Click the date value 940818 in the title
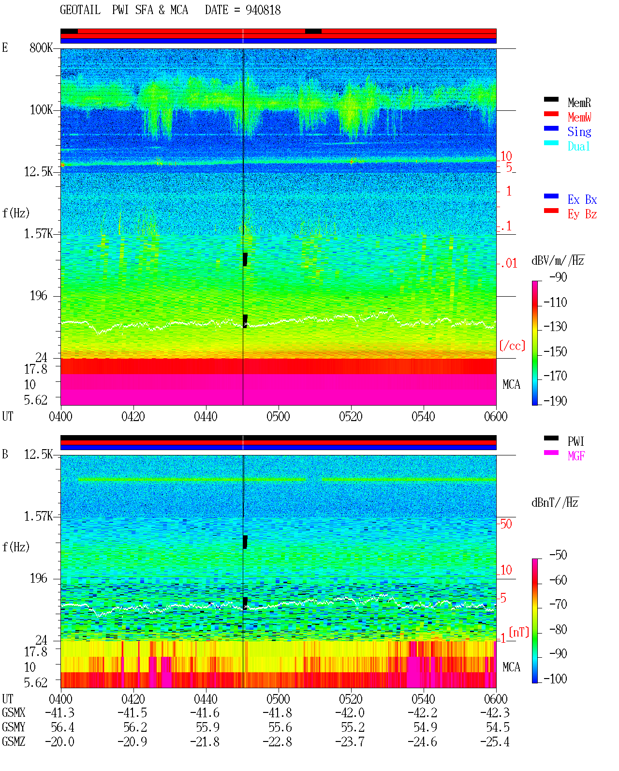click(263, 10)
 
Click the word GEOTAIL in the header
click(80, 10)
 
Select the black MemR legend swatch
click(551, 99)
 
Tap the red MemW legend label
click(579, 117)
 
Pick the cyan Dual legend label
click(579, 146)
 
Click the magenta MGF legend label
click(576, 456)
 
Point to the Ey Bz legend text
click(582, 214)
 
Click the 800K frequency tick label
click(41, 47)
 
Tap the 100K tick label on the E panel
click(41, 110)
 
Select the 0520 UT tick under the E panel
click(351, 416)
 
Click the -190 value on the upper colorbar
click(555, 401)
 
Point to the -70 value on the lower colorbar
click(558, 605)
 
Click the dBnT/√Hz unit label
click(555, 503)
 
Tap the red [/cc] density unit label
click(512, 346)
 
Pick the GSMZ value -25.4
click(495, 741)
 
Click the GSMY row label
click(14, 727)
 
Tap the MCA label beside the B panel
click(511, 667)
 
